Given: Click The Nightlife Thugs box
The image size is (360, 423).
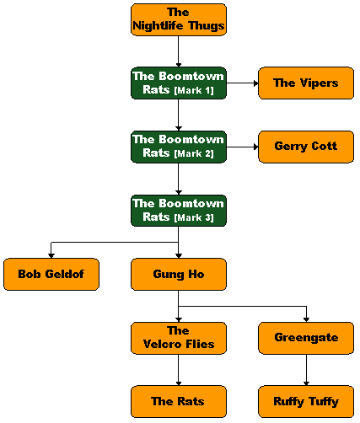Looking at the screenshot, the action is pos(179,19).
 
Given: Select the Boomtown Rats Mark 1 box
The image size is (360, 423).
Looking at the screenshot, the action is pos(179,83).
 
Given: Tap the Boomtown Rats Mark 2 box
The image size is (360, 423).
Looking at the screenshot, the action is pos(179,147).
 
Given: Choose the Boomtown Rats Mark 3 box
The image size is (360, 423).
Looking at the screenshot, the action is pos(179,211).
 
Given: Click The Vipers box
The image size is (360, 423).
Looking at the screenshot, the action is pos(306,83).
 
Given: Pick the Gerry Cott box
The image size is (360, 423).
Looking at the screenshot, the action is pos(306,147).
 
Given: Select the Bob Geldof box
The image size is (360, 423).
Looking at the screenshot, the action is pos(51,275).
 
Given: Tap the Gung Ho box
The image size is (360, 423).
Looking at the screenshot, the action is pos(179,275).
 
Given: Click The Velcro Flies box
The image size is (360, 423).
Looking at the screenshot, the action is pos(179,338).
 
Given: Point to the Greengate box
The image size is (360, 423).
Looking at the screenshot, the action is pos(306,338).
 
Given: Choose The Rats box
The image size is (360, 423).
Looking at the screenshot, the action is pos(179,402).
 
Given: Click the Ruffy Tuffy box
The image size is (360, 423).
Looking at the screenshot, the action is pos(306,402).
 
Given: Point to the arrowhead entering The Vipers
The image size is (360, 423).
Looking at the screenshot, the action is pos(255,83).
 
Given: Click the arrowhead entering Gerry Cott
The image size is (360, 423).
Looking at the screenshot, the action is pos(255,147).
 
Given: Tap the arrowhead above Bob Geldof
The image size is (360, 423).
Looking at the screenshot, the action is pos(51,255).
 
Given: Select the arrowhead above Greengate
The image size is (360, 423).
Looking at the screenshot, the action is pos(306,319).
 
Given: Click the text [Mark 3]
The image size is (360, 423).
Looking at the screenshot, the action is pos(194,217).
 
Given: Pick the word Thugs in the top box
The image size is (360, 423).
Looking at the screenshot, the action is pos(207,26).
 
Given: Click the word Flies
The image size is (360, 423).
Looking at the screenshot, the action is pos(199,344).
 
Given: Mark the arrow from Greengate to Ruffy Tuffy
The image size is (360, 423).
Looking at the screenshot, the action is pos(306,370).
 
